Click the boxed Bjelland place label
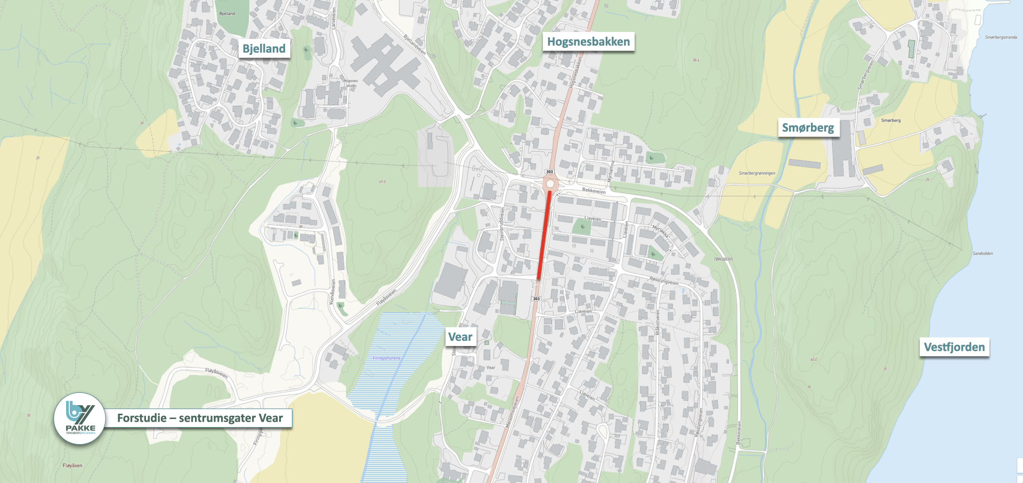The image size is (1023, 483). click(x=264, y=49)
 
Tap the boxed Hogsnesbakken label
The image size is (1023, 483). click(x=588, y=42)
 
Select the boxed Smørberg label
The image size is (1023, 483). click(x=808, y=128)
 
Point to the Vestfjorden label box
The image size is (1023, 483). click(x=954, y=347)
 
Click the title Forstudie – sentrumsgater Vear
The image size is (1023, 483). click(x=200, y=418)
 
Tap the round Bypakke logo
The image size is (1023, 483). click(x=80, y=418)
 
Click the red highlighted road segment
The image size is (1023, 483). click(x=544, y=235)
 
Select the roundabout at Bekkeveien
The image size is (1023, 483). click(x=550, y=184)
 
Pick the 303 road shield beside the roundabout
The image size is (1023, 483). click(x=549, y=172)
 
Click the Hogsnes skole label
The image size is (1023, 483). click(x=351, y=83)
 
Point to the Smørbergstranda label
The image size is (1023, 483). click(x=1001, y=37)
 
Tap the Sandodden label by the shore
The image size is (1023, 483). click(x=983, y=253)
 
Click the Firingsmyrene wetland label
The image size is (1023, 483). click(x=386, y=358)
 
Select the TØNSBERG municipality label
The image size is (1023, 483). click(x=723, y=259)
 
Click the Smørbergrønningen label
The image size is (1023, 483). click(x=757, y=173)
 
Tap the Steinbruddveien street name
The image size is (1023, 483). click(x=501, y=224)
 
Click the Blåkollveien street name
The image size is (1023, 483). click(x=657, y=322)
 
